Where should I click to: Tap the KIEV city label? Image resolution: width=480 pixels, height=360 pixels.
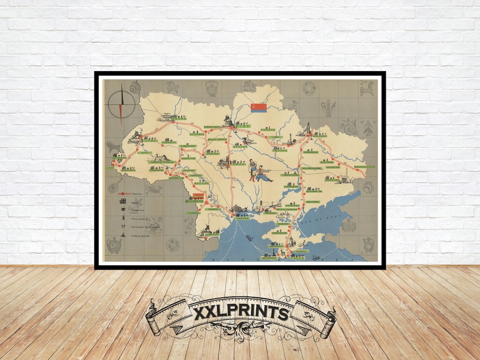(x=243, y=127)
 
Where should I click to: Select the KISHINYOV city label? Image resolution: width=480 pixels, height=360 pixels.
(x=194, y=201)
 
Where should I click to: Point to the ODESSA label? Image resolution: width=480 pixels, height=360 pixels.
(x=243, y=218)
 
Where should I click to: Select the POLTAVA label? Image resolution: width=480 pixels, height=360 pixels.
(x=280, y=151)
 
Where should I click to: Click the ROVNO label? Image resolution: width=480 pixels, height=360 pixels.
(x=180, y=119)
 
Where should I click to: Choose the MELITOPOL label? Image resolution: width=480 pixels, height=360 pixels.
(x=313, y=202)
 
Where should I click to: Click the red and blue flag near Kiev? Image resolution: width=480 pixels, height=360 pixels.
(x=258, y=108)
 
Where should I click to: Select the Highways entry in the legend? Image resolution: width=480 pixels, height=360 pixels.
(x=137, y=194)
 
